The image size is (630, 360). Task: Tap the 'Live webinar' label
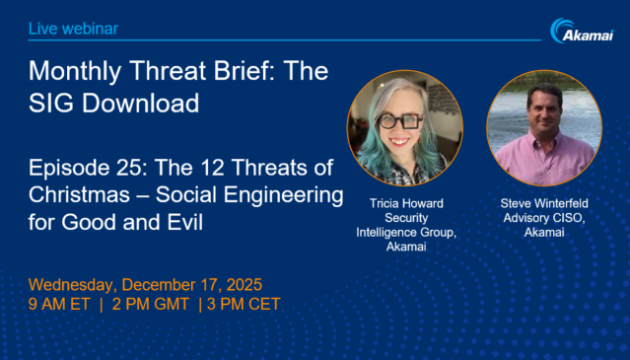click(73, 29)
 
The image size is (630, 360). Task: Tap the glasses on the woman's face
click(404, 123)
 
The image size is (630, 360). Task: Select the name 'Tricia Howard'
click(404, 203)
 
